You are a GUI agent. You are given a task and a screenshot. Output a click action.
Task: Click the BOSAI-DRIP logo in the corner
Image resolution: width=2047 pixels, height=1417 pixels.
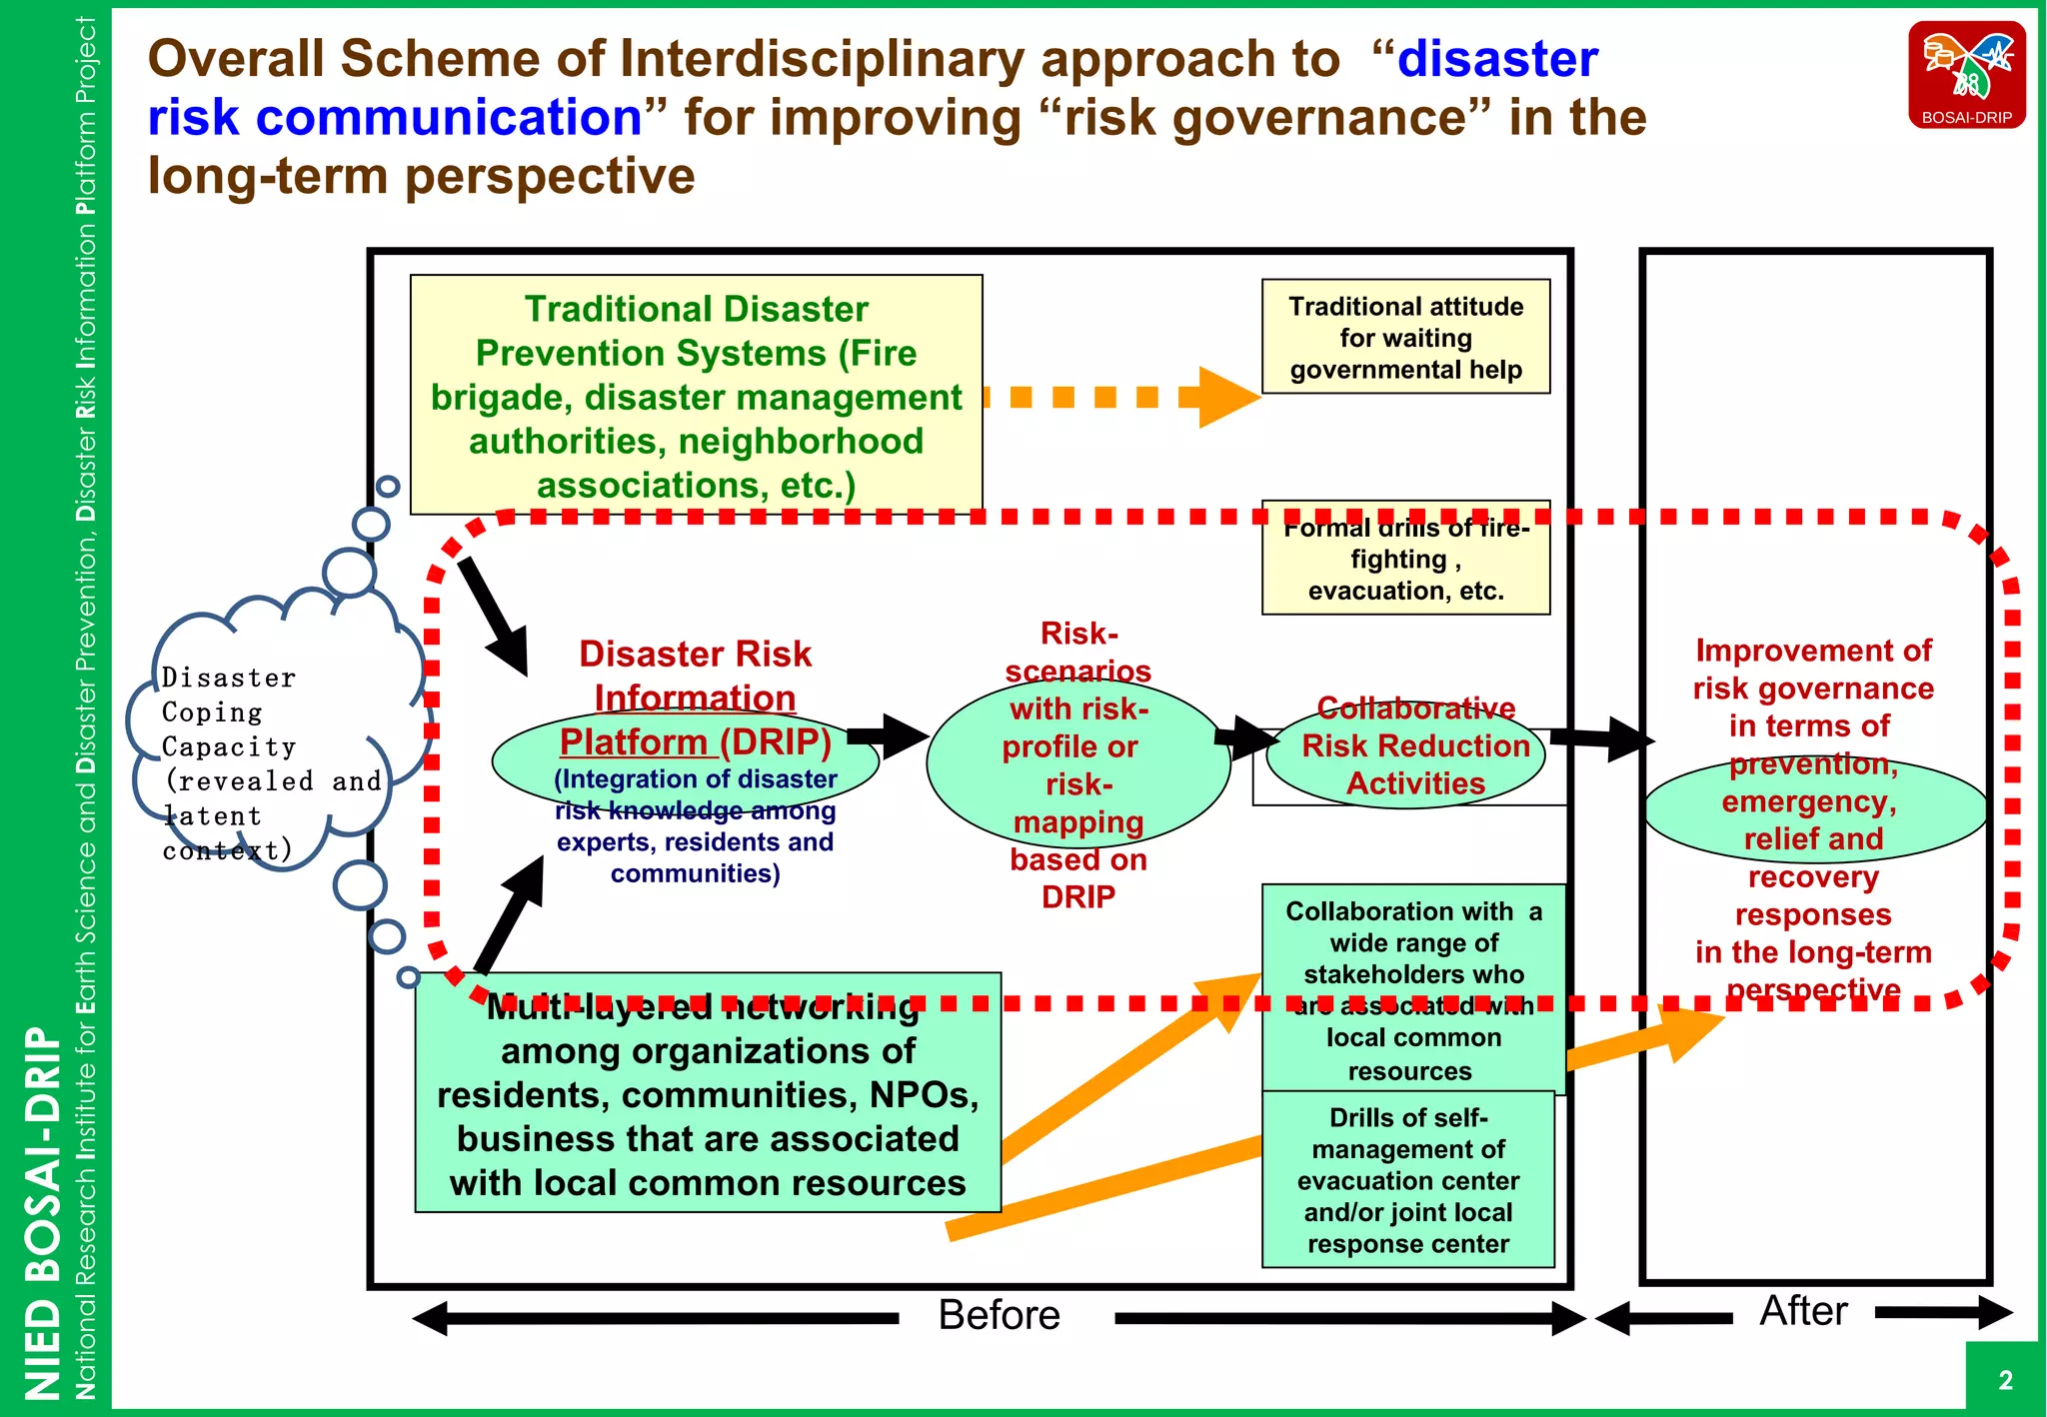tap(1966, 75)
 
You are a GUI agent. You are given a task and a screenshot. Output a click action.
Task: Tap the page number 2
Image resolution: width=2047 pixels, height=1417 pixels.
tap(2005, 1380)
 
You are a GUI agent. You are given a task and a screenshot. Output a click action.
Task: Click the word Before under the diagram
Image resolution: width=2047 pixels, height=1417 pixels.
tap(999, 1315)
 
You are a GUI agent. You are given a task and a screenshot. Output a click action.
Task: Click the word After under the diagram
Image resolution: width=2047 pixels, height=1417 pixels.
tap(1803, 1310)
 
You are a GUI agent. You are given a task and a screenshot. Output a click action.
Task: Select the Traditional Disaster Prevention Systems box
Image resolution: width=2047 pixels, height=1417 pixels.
tap(696, 396)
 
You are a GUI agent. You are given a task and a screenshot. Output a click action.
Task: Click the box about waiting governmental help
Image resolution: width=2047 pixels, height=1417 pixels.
tap(1405, 338)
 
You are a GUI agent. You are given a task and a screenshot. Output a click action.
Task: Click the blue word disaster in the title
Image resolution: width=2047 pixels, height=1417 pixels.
tap(1496, 59)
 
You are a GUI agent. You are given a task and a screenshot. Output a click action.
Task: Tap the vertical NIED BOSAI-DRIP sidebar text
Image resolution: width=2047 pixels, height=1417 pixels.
tap(42, 1209)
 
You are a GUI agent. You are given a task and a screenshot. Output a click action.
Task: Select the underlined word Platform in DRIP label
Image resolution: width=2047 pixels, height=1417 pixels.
tap(634, 742)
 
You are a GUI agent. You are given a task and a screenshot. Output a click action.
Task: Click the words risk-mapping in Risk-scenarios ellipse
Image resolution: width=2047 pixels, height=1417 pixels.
tap(1077, 803)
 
